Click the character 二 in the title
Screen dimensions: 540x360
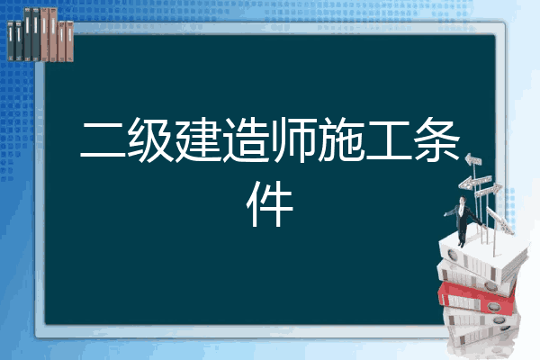(103, 140)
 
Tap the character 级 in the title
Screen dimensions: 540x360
(150, 139)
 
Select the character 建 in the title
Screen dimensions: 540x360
(198, 139)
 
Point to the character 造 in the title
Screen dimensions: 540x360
(246, 139)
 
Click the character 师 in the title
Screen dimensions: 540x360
(293, 139)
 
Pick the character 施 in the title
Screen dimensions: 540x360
(341, 139)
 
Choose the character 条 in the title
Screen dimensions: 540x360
(436, 139)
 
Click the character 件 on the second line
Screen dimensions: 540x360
(270, 203)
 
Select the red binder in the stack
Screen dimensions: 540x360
(477, 298)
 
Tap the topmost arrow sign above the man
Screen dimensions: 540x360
(473, 159)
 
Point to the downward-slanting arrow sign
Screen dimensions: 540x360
(500, 220)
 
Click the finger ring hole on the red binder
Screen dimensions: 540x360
(493, 307)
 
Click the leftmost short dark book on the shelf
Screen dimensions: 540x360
(11, 41)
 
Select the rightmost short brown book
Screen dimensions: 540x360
(69, 41)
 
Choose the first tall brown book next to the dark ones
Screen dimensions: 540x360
(45, 34)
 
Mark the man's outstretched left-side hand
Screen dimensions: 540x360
(446, 214)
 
